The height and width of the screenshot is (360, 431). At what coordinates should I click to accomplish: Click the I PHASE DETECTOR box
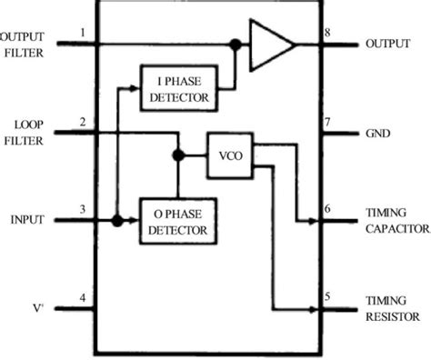tap(176, 88)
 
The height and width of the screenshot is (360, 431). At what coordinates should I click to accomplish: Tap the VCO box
tap(226, 155)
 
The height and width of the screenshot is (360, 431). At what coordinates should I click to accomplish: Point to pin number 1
tap(83, 34)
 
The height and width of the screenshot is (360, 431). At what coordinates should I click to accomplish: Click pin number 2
tap(83, 122)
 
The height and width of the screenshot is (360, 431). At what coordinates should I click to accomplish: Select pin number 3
tap(83, 210)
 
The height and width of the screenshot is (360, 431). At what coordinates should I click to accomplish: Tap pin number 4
tap(83, 298)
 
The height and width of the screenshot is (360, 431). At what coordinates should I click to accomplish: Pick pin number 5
tap(326, 298)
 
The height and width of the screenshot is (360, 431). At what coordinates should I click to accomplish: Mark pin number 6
tap(326, 210)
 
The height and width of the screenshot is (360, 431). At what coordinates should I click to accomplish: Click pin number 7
tap(326, 122)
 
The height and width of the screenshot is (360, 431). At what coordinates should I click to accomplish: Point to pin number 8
tap(326, 34)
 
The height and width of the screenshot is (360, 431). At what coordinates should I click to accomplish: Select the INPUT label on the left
tap(27, 220)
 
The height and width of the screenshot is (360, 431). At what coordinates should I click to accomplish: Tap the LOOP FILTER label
tap(20, 132)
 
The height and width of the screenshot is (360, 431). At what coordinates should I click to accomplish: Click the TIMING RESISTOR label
tap(391, 308)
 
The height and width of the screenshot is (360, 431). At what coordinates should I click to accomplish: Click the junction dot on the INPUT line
tap(118, 220)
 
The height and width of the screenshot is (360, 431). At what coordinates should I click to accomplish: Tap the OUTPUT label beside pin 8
tap(387, 44)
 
